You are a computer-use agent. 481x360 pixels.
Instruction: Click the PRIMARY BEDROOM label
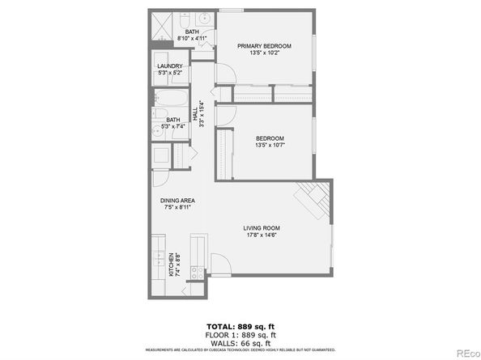[x=265, y=46]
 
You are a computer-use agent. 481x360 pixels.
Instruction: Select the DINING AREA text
[x=177, y=201]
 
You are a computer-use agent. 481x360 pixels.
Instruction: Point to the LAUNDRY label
[x=170, y=66]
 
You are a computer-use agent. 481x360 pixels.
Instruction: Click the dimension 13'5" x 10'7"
[x=269, y=146]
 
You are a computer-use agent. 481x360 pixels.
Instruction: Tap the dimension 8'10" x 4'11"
[x=191, y=38]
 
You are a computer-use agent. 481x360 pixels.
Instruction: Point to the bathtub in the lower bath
[x=171, y=101]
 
